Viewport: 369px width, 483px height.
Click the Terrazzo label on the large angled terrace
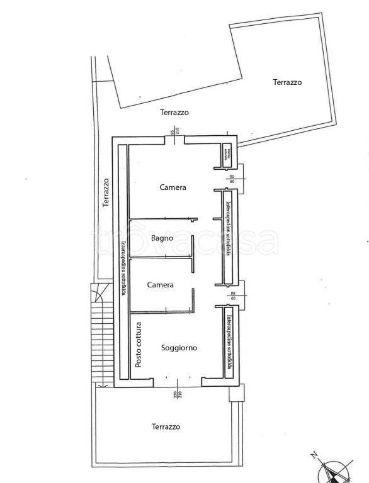pos(287,82)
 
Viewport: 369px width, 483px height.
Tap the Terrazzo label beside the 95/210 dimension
pos(174,113)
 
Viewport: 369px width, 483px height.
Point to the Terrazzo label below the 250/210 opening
pos(166,426)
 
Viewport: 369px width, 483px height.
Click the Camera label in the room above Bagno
pos(173,187)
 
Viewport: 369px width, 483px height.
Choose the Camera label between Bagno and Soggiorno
pos(160,285)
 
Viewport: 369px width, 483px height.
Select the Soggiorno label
pos(179,348)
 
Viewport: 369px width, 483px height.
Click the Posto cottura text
pos(139,345)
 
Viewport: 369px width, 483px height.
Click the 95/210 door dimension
pos(175,131)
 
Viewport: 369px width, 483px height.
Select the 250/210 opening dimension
pos(176,394)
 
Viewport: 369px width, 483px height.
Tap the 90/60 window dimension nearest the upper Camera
pos(232,179)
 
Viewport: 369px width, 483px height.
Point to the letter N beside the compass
pos(314,454)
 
